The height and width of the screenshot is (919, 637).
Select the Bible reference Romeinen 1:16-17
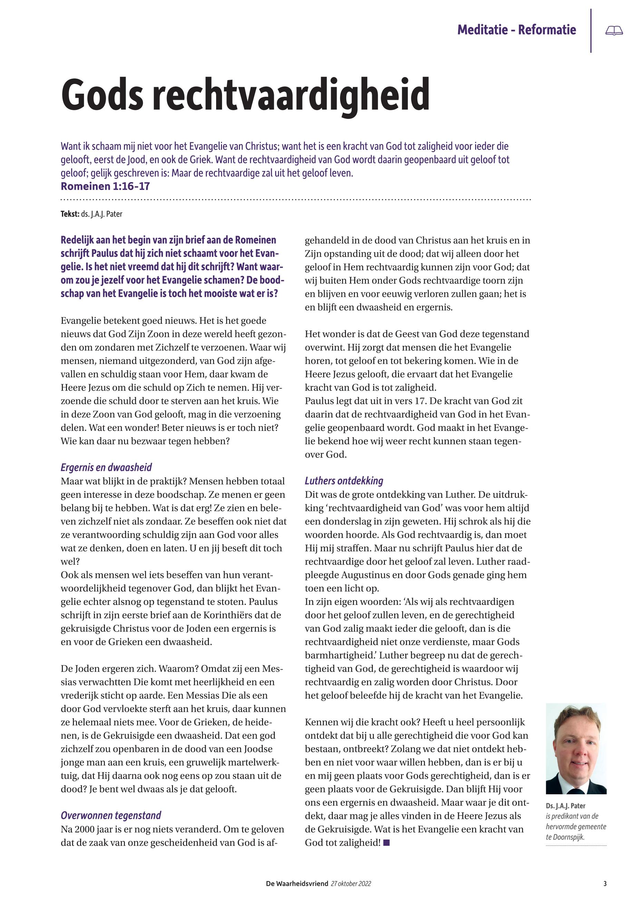tap(105, 186)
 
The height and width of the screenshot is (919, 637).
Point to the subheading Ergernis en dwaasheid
tap(106, 467)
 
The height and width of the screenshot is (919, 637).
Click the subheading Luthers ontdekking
tap(344, 481)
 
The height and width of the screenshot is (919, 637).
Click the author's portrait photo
tap(576, 748)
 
